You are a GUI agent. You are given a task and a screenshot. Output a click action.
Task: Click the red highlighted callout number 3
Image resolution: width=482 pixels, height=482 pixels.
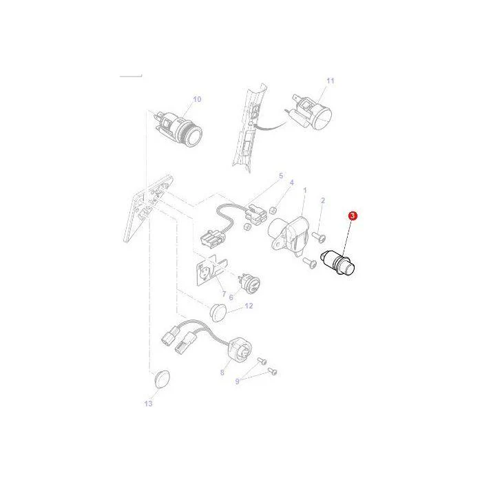click(x=353, y=216)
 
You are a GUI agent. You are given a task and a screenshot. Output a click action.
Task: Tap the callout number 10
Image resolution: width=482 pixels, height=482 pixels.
click(x=197, y=99)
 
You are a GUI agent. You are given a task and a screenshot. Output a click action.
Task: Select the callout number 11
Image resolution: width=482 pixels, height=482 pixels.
click(x=330, y=81)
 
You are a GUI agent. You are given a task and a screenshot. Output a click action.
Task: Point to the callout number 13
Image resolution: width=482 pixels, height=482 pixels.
click(x=149, y=404)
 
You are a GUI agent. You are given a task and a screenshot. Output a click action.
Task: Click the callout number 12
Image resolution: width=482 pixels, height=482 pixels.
click(x=249, y=306)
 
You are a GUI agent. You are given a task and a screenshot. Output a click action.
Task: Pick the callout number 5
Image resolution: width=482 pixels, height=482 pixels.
click(x=281, y=176)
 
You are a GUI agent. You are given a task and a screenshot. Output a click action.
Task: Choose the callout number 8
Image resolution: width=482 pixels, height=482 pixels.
click(x=222, y=373)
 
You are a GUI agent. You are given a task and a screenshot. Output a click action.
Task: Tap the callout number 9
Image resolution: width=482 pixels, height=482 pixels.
click(x=238, y=381)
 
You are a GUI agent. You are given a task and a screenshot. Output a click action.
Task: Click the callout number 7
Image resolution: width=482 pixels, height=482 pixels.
click(x=224, y=294)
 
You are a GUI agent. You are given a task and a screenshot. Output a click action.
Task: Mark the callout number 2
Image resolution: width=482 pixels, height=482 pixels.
click(x=323, y=201)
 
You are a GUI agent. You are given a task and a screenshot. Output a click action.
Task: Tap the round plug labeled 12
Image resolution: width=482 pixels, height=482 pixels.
click(x=218, y=313)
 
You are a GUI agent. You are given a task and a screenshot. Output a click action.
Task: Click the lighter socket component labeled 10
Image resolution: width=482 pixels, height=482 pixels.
click(x=178, y=129)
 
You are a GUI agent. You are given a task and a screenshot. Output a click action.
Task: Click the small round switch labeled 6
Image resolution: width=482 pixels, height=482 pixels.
click(x=250, y=282)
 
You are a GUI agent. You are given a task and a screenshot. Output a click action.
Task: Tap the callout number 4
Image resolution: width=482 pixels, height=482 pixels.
click(x=292, y=182)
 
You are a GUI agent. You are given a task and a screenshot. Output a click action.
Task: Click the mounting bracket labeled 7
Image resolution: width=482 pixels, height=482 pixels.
click(x=211, y=271)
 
